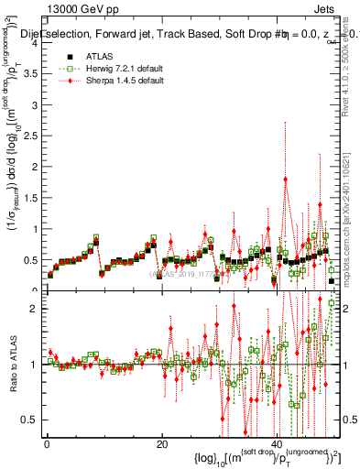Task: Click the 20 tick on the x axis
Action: pyautogui.click(x=161, y=445)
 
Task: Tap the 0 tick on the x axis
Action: pyautogui.click(x=47, y=445)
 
